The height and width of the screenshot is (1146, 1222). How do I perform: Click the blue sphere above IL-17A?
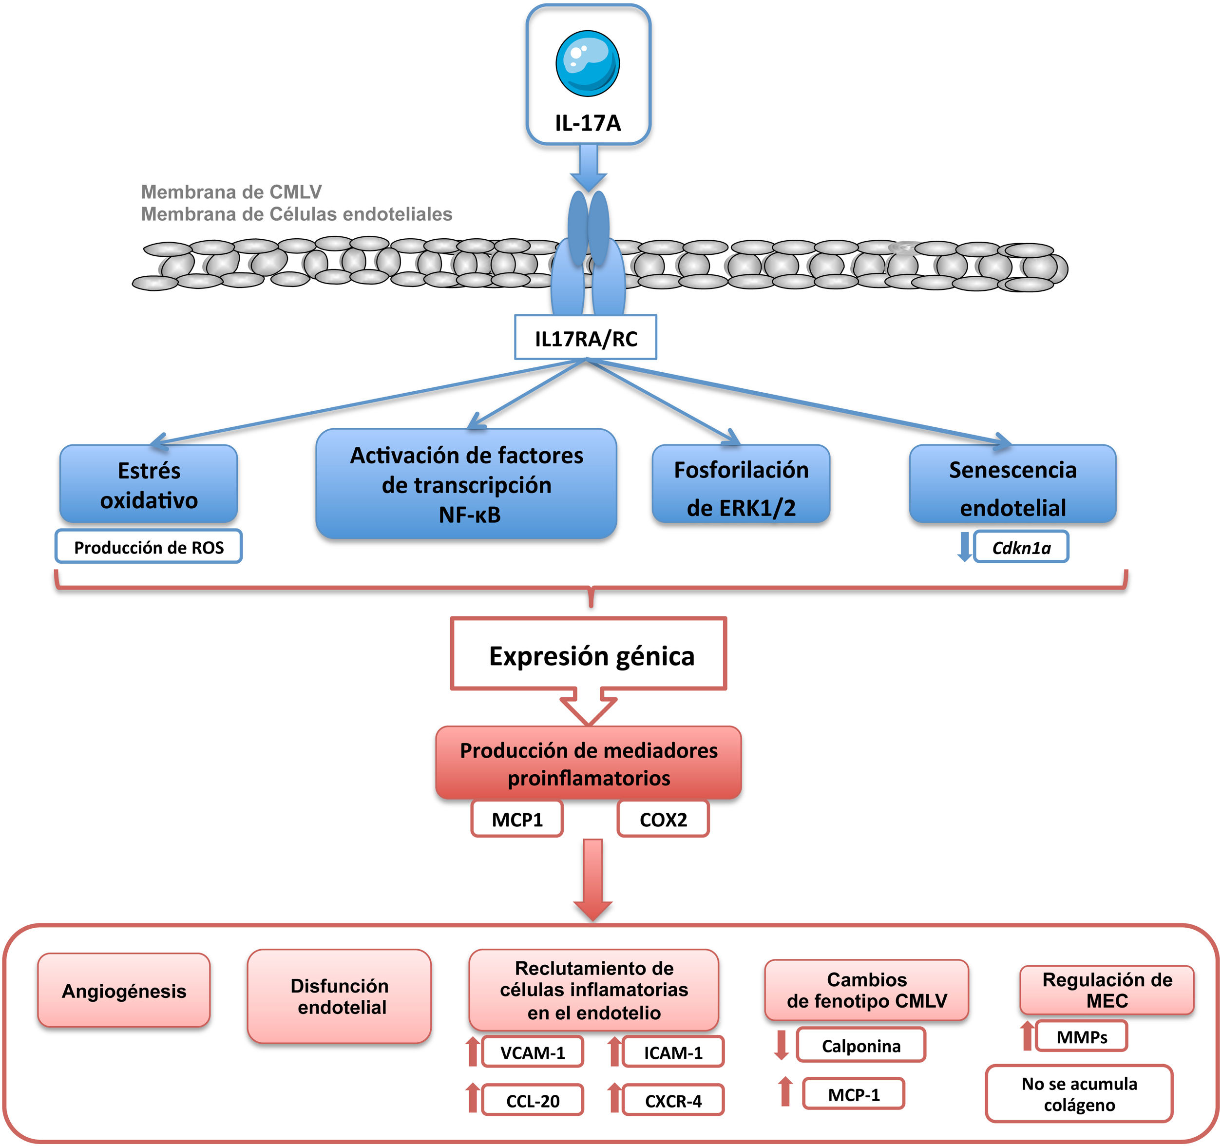pos(587,63)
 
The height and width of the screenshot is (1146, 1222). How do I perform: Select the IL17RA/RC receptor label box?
pos(585,338)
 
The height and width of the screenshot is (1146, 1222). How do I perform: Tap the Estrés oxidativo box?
pos(149,484)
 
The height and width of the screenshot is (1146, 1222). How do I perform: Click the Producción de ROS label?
pos(149,547)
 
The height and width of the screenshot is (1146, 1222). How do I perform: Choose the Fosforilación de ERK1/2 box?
pos(741,484)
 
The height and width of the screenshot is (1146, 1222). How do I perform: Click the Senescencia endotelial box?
pos(1012,484)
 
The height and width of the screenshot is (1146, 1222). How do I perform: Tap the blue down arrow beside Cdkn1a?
pos(964,546)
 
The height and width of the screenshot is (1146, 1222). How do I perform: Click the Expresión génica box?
pos(589,654)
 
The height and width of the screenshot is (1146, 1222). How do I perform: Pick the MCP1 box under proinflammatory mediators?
pos(517,819)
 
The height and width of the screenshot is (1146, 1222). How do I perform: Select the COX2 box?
pos(663,819)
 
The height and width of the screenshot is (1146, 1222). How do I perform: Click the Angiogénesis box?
pos(124,991)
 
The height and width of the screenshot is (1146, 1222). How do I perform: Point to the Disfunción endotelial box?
pos(339,996)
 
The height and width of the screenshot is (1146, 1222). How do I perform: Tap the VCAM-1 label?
pos(533,1052)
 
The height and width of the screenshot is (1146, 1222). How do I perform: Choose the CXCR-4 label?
pos(673,1101)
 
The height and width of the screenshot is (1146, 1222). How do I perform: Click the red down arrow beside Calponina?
pos(781,1045)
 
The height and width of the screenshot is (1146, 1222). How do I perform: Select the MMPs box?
pos(1081,1036)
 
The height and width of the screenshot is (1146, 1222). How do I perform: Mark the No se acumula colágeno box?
pos(1079,1094)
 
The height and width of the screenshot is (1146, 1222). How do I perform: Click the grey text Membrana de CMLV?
pos(231,192)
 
